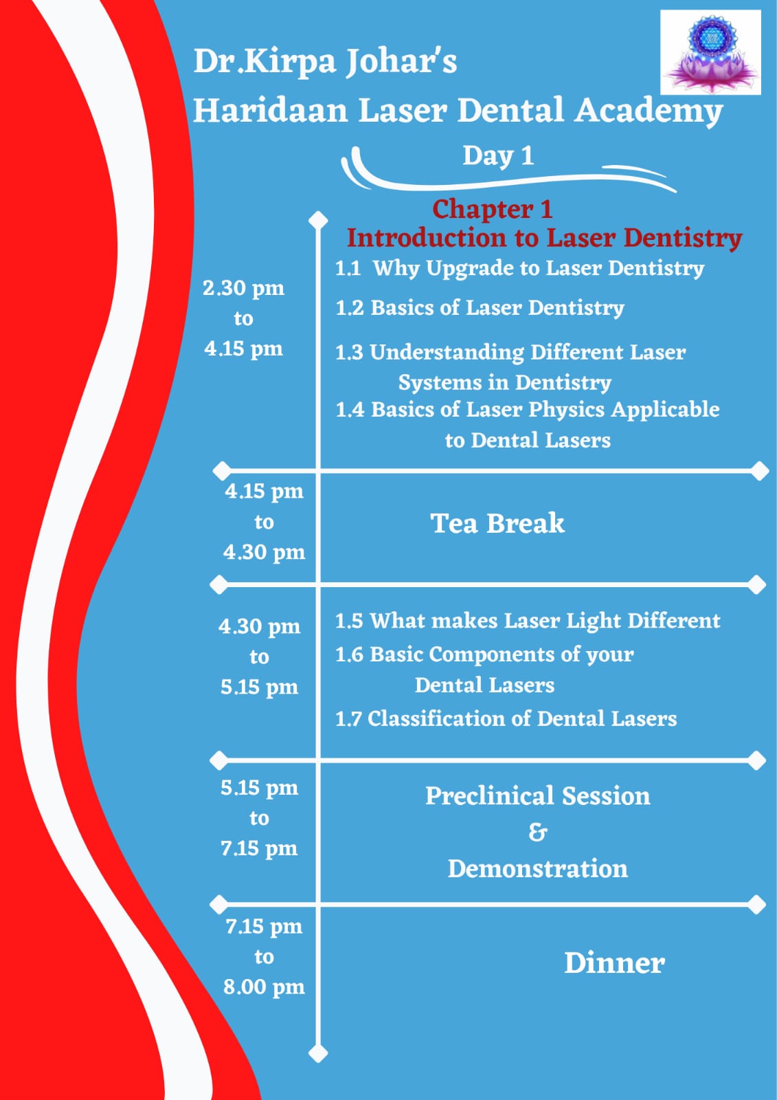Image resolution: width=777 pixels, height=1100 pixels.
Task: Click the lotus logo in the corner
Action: (710, 52)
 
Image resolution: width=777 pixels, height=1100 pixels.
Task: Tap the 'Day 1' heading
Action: (498, 156)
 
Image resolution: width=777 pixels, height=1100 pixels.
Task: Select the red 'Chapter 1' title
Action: (493, 209)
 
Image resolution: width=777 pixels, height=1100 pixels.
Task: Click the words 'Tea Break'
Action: (497, 523)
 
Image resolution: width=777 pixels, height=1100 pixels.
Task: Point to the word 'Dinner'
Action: (615, 963)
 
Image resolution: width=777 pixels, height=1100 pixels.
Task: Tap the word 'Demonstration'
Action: (537, 869)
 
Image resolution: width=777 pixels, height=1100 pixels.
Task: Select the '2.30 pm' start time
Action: (243, 289)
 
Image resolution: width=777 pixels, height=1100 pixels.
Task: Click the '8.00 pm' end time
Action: (264, 987)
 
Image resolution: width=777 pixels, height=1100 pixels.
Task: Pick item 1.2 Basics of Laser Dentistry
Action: (480, 309)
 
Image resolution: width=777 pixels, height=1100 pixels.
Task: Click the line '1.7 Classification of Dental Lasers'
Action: (506, 719)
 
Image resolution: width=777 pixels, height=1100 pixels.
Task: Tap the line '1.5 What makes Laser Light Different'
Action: (528, 621)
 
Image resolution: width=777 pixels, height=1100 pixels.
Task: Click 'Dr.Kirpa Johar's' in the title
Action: (325, 63)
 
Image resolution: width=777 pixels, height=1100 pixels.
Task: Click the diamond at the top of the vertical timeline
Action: (318, 219)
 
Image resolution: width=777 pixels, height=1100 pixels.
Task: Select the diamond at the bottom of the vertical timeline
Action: (318, 1053)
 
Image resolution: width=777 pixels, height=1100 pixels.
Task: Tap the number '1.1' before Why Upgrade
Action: (348, 269)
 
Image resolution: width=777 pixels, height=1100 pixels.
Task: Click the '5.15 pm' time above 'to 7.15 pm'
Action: (259, 788)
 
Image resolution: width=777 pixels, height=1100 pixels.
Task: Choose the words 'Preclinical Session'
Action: (537, 795)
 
